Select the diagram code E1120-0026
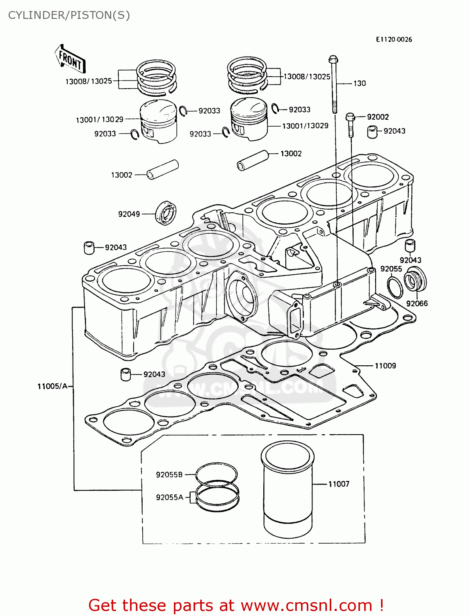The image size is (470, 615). [x=394, y=39]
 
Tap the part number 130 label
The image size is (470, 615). [x=359, y=83]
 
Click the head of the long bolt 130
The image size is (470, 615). [x=333, y=60]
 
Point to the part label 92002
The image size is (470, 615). [x=377, y=117]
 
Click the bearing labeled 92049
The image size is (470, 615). [x=166, y=213]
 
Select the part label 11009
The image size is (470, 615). [x=385, y=366]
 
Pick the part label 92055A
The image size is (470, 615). [x=169, y=497]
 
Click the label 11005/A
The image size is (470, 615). [x=52, y=386]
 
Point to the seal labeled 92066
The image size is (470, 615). [x=415, y=279]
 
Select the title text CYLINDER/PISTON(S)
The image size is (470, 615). [x=69, y=15]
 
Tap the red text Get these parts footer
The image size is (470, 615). [x=236, y=605]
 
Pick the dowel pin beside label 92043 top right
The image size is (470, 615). [x=372, y=132]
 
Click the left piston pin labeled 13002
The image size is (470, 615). [x=163, y=169]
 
